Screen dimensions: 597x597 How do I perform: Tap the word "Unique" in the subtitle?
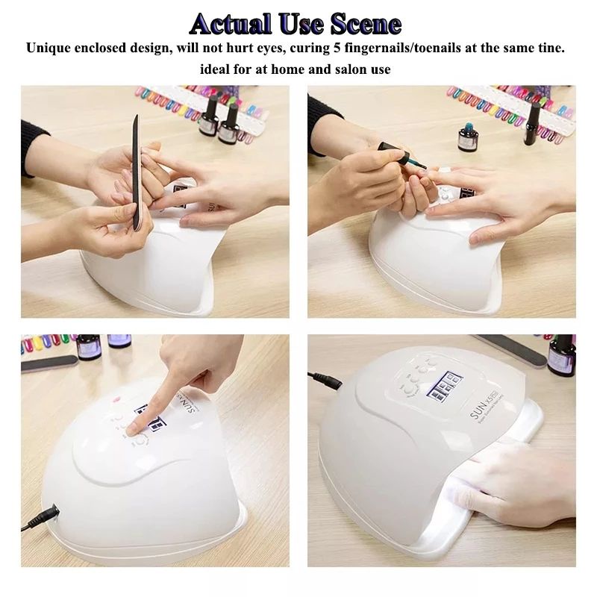point(50,49)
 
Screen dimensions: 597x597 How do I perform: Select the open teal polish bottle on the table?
point(469,139)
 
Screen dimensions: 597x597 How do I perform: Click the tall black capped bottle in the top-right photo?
point(532,122)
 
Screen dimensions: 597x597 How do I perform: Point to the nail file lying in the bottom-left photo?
point(49,363)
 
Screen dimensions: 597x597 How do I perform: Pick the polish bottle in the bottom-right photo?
point(562,354)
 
